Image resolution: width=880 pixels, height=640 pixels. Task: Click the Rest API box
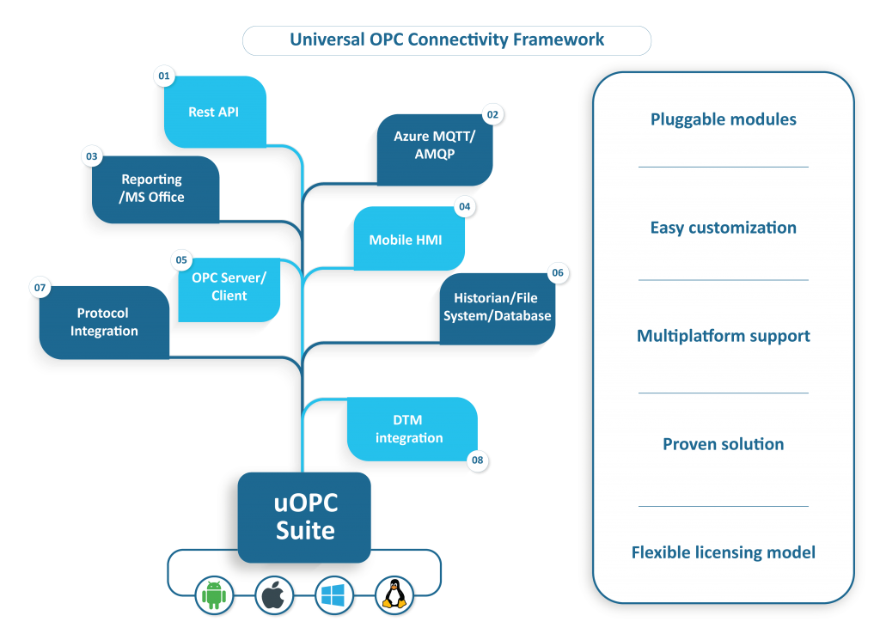[215, 112]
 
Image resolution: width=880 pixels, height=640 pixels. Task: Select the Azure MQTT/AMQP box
[435, 145]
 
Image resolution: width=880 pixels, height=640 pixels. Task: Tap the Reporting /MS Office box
[152, 188]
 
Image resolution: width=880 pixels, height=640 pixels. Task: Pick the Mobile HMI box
[405, 240]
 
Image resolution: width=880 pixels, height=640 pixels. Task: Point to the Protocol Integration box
[104, 322]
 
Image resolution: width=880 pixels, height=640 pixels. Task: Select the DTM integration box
[409, 429]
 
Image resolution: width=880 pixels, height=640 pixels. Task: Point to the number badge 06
[558, 273]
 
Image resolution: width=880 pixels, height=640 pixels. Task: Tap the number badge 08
[478, 461]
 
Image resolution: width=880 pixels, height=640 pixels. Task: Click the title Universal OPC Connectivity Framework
[447, 40]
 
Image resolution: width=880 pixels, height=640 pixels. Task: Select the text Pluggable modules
[723, 119]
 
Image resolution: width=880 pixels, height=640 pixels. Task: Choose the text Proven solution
[723, 444]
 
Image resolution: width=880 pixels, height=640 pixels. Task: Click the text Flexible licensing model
[723, 552]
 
